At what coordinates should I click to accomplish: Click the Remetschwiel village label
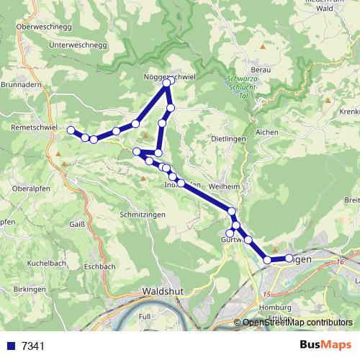pyautogui.click(x=34, y=125)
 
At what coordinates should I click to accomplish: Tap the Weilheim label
pyautogui.click(x=223, y=186)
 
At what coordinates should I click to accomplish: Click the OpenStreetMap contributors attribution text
pyautogui.click(x=297, y=323)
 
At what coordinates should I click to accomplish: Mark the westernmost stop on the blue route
pyautogui.click(x=71, y=130)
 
